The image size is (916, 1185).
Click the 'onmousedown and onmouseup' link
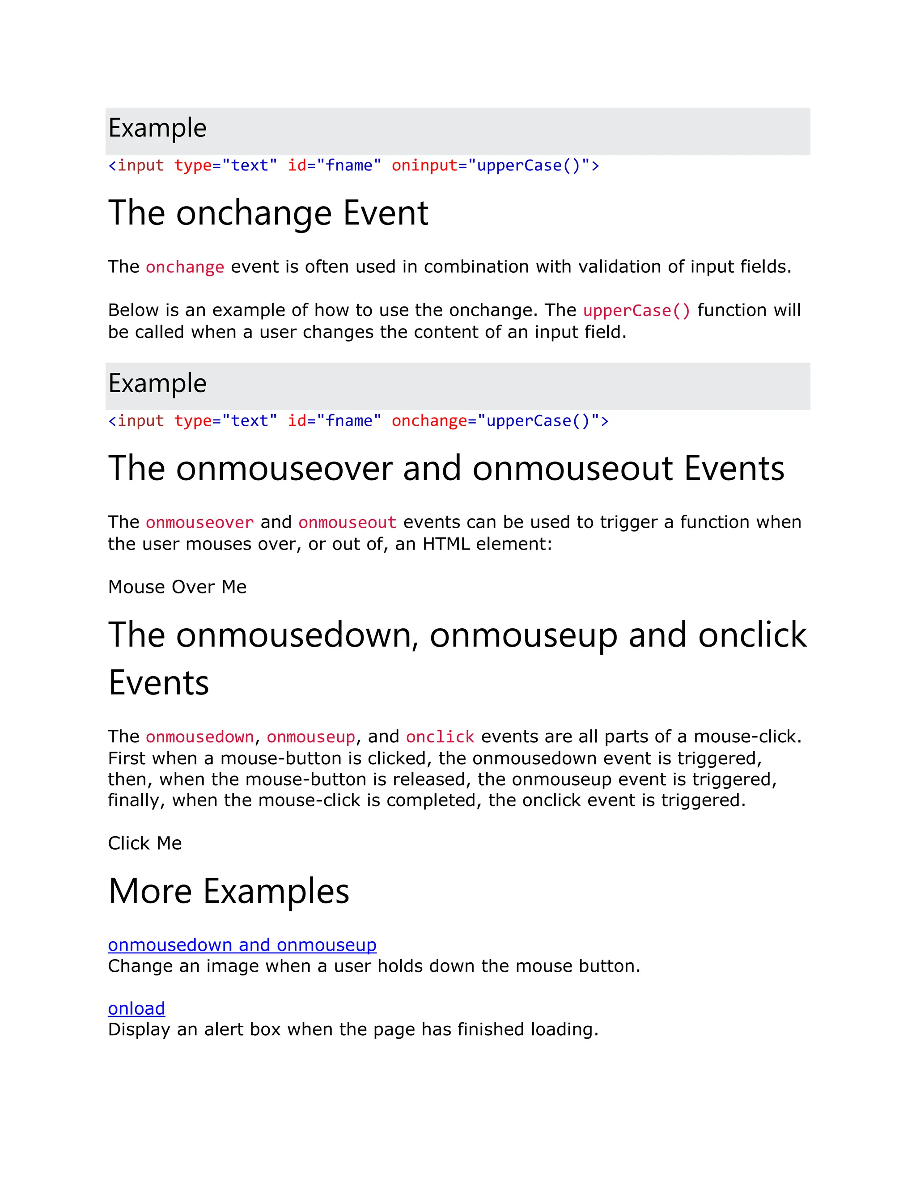pos(242,945)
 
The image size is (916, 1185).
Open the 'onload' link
pos(136,1009)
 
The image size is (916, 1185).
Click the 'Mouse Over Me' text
pos(177,587)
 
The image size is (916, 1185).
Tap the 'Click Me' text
pos(145,843)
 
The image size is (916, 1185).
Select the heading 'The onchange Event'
pos(268,213)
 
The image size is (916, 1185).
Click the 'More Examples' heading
pos(229,892)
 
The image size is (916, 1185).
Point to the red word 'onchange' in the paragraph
pos(185,267)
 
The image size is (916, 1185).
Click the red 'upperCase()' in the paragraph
pos(636,311)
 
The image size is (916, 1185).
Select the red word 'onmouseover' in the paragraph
pos(199,522)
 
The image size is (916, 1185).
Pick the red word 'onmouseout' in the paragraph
pos(347,522)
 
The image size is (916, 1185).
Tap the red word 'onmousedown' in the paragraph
pos(199,737)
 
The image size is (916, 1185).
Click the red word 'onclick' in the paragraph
pos(440,737)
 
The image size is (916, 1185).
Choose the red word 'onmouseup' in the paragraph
pos(311,737)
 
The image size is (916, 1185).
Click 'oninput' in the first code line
pos(425,165)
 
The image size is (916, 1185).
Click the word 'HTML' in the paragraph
pos(446,544)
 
